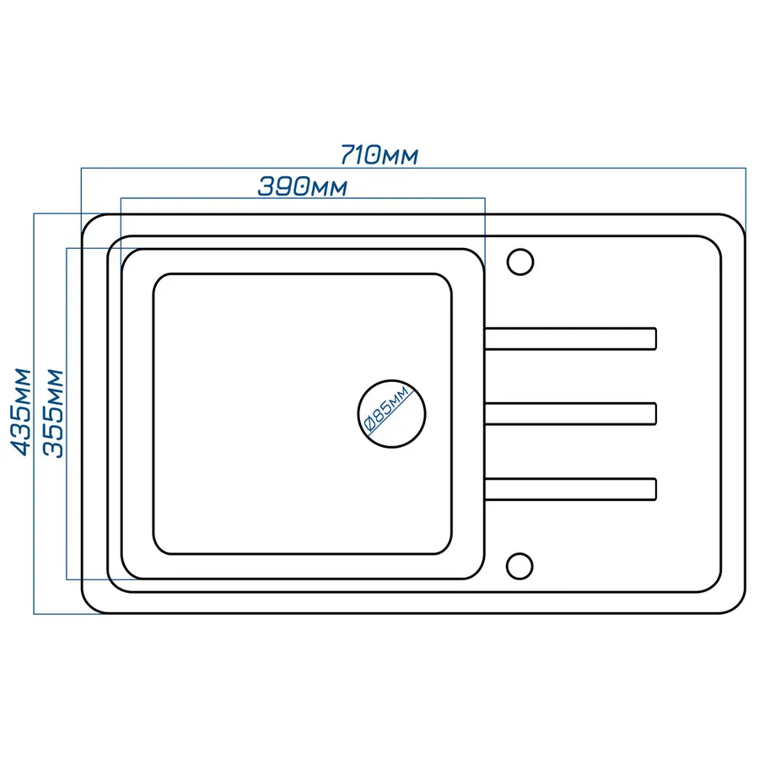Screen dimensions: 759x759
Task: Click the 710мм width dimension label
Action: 379,156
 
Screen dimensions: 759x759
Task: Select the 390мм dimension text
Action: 302,186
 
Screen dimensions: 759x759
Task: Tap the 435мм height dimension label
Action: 21,411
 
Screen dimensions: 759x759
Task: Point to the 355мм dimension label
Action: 53,412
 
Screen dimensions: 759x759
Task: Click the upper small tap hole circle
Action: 521,261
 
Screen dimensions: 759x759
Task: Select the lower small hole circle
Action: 521,565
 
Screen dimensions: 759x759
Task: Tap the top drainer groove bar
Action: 570,338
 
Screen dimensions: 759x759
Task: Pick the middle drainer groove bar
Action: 570,413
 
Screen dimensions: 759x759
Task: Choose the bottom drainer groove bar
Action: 570,488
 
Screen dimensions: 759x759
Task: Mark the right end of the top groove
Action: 654,338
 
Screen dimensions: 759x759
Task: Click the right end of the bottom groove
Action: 654,488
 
